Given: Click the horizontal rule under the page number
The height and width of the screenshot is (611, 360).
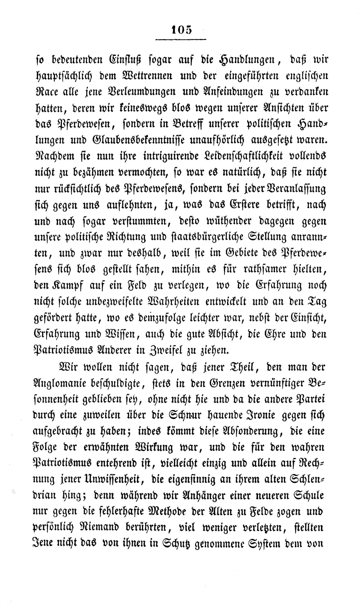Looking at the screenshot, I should click(x=181, y=40).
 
